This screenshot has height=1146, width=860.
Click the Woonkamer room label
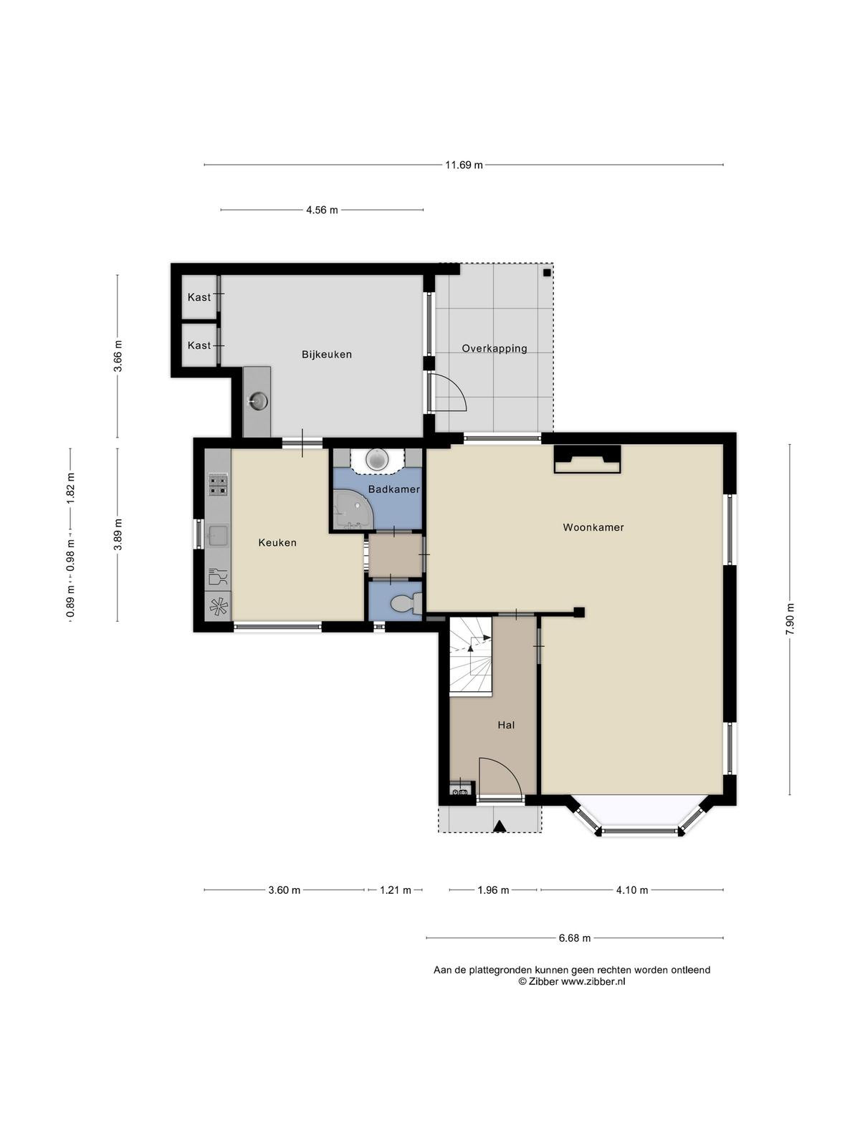coord(593,527)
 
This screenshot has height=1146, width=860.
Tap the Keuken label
coord(277,542)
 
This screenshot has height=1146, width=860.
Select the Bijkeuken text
coord(327,355)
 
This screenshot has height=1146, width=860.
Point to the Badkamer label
coord(394,489)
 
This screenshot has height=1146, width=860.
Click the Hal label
coord(506,725)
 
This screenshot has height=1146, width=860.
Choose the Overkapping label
coord(494,348)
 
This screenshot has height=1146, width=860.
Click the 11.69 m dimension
coord(464,165)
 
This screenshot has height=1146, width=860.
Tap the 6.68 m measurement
coord(574,938)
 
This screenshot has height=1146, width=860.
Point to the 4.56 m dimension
coord(322,210)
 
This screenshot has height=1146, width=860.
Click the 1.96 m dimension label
coord(493,890)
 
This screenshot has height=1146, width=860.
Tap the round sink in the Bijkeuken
coord(259,402)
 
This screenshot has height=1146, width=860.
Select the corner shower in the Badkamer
coord(351,509)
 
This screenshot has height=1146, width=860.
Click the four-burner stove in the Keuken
coord(219,484)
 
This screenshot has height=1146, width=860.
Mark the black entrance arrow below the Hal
coord(500,826)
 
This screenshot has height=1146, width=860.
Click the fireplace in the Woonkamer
coord(588,459)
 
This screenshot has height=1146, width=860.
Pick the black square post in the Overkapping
coord(547,273)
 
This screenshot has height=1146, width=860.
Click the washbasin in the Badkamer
coord(377,459)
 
